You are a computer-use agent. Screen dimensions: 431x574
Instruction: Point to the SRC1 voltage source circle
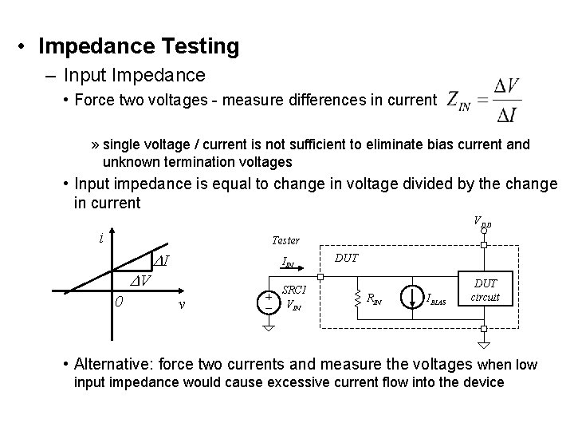click(x=269, y=301)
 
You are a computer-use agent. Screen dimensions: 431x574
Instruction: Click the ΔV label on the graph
click(x=142, y=280)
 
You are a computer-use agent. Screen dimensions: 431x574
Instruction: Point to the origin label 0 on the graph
click(x=118, y=301)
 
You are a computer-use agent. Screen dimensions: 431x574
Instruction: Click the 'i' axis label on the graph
click(x=100, y=237)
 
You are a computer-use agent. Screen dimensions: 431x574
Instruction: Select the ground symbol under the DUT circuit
click(x=484, y=344)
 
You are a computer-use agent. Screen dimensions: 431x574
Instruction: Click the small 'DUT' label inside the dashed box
click(x=346, y=258)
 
